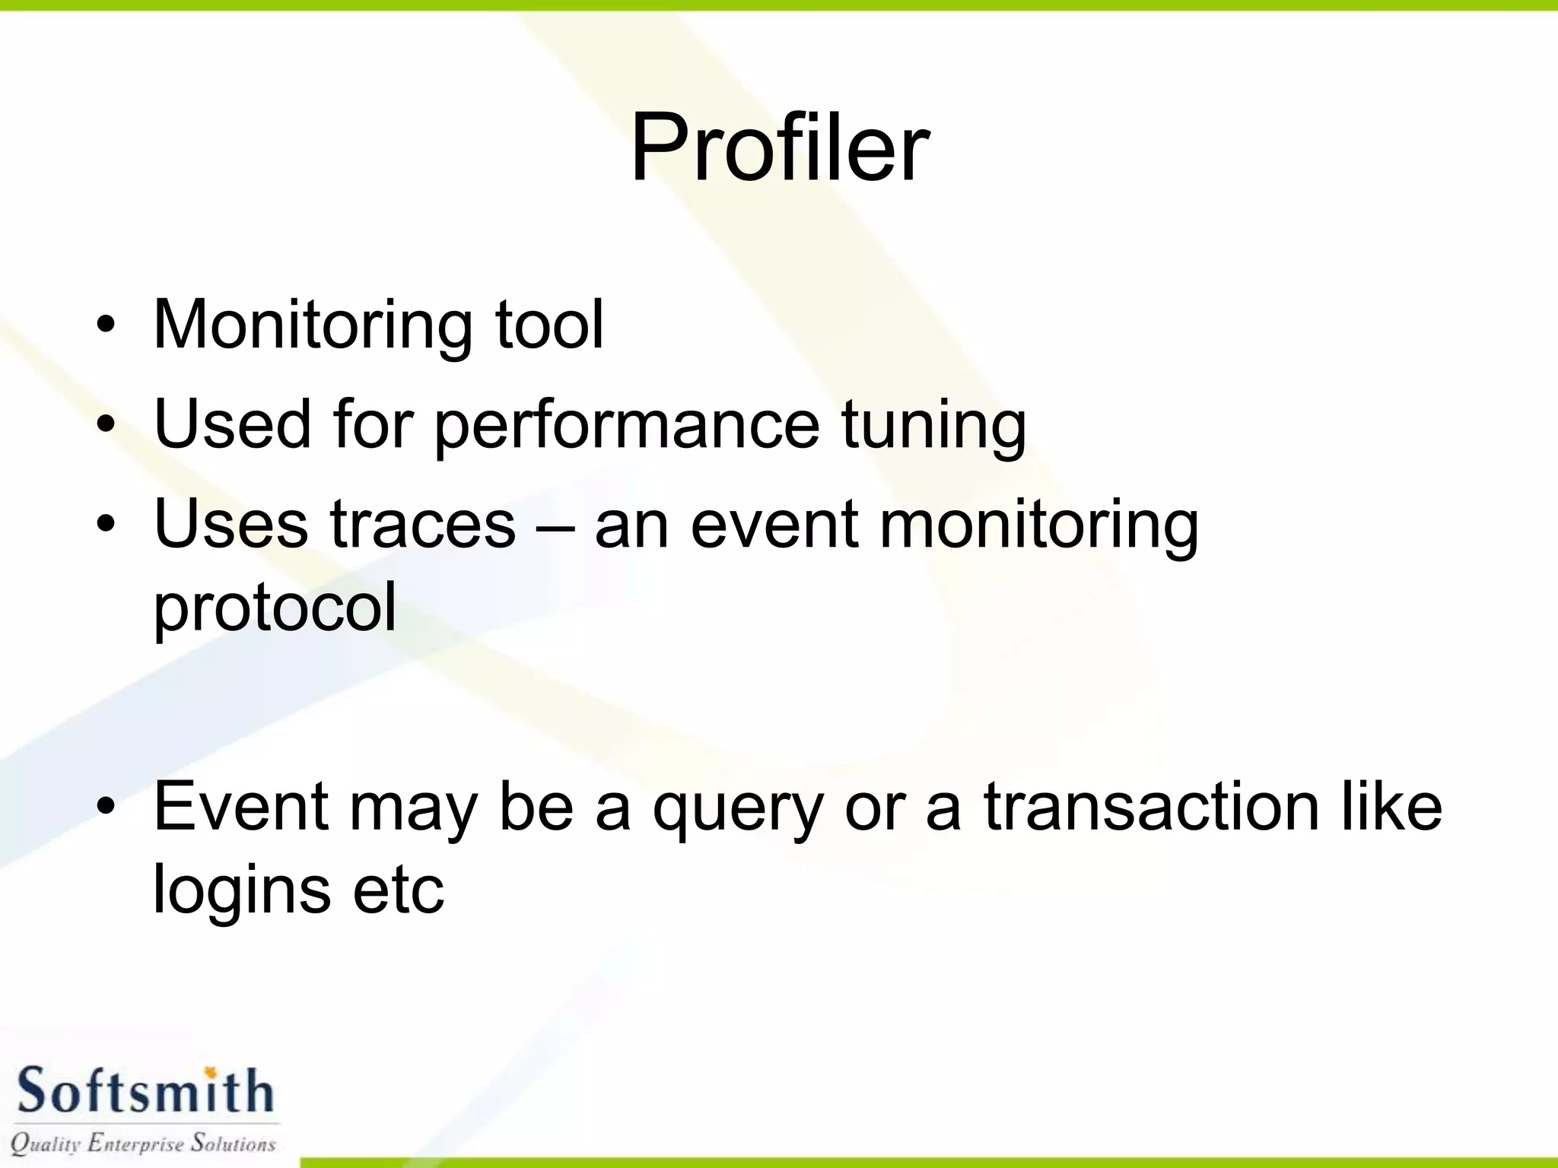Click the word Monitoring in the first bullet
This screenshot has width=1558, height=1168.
tap(313, 325)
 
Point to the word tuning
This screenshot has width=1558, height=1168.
tap(933, 426)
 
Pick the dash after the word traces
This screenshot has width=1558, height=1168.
tap(555, 526)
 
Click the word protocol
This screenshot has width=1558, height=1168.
tap(275, 608)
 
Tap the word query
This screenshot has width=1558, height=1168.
tap(738, 809)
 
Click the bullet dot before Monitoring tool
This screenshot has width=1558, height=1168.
tap(106, 327)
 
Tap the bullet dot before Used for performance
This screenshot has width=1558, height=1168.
tap(106, 426)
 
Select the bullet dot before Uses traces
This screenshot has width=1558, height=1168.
tap(106, 525)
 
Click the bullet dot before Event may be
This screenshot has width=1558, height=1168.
tap(106, 807)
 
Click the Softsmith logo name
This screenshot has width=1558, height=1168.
tap(144, 1090)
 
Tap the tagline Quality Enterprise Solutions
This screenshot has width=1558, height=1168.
tap(143, 1143)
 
